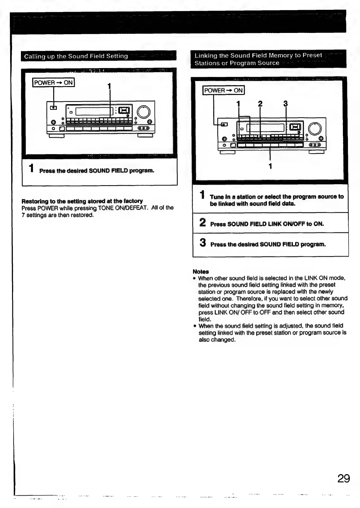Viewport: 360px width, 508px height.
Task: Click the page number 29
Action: (x=344, y=478)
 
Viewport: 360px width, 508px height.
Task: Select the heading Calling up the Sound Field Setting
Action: (x=76, y=56)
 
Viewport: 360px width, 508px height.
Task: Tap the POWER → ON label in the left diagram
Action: (x=54, y=83)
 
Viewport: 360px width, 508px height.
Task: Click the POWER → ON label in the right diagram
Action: (x=224, y=91)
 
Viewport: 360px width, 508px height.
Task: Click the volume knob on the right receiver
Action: (x=315, y=129)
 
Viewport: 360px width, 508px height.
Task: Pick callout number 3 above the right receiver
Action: (x=285, y=103)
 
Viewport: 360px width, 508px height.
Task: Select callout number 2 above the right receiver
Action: (x=260, y=103)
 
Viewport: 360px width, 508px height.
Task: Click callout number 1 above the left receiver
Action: (x=109, y=86)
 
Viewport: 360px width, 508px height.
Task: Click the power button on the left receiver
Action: (x=54, y=108)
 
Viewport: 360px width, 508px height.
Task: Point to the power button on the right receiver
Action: (x=224, y=124)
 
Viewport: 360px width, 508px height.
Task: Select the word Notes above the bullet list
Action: (x=201, y=272)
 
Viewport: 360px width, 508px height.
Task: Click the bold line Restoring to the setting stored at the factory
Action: (x=82, y=201)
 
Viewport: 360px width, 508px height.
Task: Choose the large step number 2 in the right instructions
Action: (x=203, y=223)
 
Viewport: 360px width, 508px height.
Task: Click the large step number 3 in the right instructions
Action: (x=203, y=243)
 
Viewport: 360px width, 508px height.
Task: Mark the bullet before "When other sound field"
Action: (x=195, y=279)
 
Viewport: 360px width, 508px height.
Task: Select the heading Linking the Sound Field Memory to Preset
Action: (x=258, y=55)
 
